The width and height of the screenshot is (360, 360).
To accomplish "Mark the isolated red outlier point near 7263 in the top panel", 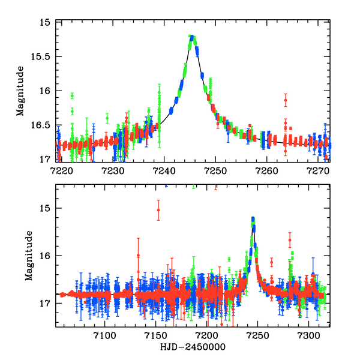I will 286,100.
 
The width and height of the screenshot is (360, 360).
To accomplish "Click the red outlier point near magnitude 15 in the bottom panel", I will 158,210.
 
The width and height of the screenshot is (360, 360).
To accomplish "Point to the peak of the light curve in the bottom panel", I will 253,219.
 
